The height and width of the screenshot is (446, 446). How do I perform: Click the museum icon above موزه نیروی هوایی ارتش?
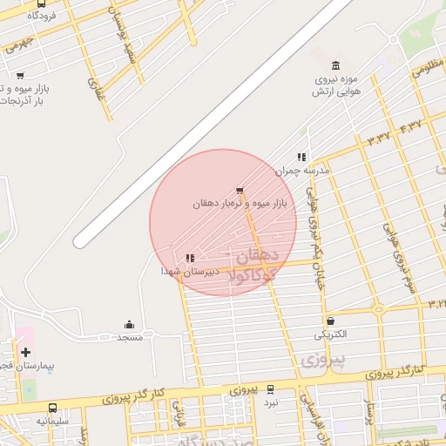[x=336, y=65]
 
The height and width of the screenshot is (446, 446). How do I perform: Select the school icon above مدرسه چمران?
[x=301, y=158]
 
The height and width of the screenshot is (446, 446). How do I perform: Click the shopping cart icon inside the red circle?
[x=240, y=191]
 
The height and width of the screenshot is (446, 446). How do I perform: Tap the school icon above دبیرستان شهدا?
[x=190, y=258]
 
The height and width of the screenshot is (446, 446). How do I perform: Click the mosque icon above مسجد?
[x=130, y=325]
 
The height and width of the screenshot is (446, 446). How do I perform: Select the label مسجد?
[x=130, y=336]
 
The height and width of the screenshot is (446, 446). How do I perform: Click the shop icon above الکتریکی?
[x=330, y=321]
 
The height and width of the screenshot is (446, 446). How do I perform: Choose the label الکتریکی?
[x=330, y=334]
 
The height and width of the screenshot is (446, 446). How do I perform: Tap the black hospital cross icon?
[x=25, y=353]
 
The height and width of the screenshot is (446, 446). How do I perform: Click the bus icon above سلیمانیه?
[x=54, y=408]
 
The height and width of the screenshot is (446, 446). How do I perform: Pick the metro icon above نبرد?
[x=271, y=389]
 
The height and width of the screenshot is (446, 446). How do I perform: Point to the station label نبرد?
[x=272, y=402]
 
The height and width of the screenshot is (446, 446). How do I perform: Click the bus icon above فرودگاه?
[x=43, y=3]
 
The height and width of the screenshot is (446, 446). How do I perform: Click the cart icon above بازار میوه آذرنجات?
[x=20, y=76]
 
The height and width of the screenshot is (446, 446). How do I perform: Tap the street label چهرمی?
[x=19, y=42]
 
